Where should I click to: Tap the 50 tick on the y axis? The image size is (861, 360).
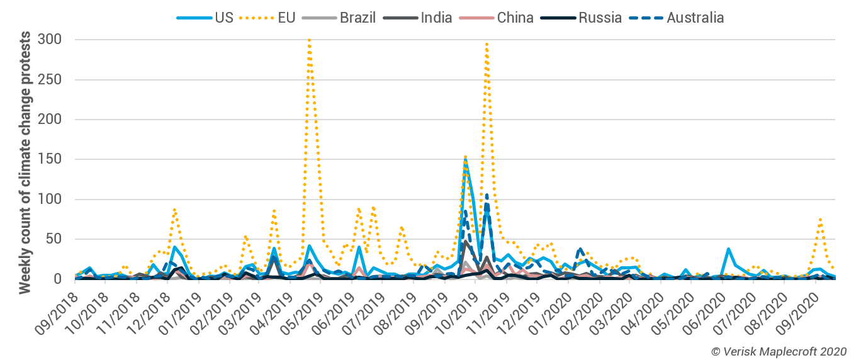tap(53, 239)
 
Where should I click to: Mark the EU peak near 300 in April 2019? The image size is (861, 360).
tap(309, 40)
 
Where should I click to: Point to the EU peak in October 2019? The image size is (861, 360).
tap(487, 43)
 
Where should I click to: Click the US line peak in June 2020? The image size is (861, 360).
tap(728, 249)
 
